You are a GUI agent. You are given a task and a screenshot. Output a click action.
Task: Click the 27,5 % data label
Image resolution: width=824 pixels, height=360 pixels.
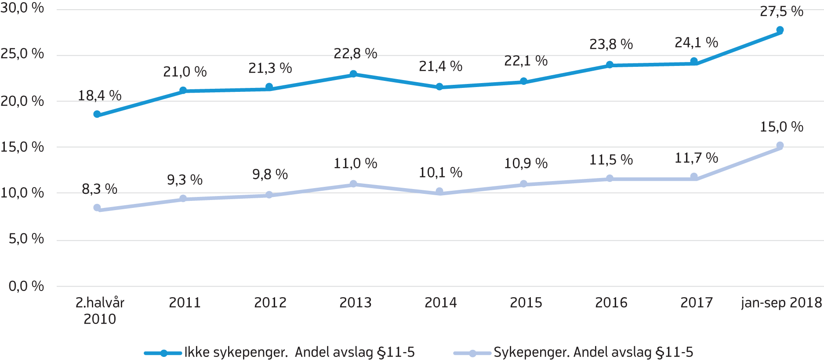click(x=781, y=11)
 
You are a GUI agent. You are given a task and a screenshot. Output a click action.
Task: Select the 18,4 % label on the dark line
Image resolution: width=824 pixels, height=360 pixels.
click(x=100, y=95)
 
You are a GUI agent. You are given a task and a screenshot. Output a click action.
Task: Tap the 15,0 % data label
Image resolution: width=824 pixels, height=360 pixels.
click(x=781, y=127)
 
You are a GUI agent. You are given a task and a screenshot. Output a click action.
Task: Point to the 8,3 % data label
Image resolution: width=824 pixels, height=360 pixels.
click(x=100, y=189)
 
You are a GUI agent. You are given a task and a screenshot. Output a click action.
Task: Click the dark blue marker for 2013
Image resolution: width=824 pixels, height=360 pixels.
click(x=353, y=74)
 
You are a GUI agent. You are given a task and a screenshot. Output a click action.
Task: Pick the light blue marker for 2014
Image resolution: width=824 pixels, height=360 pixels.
click(x=439, y=191)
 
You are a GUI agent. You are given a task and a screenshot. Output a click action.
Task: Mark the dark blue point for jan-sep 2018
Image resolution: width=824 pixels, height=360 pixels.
click(x=780, y=30)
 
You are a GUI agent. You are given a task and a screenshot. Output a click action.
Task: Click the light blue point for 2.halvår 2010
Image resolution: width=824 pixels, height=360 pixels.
click(x=97, y=207)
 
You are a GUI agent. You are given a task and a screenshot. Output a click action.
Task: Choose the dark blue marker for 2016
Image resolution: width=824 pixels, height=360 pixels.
click(x=610, y=65)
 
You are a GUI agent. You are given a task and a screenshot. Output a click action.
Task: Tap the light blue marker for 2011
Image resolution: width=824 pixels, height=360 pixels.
click(x=183, y=199)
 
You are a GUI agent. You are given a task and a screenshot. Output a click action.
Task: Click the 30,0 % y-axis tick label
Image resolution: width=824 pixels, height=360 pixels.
click(x=22, y=8)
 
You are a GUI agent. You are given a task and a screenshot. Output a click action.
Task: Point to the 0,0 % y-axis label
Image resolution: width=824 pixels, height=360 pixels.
click(x=26, y=286)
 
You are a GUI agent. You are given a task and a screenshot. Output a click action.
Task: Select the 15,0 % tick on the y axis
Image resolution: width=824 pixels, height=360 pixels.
click(x=22, y=147)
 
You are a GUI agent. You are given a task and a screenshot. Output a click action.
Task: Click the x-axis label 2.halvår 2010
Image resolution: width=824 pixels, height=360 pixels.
click(x=100, y=310)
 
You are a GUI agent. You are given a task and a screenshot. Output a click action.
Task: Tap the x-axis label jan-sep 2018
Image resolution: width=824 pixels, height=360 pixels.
click(x=781, y=302)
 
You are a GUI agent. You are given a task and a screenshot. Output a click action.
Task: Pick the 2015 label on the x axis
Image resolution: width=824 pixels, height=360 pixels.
click(x=526, y=302)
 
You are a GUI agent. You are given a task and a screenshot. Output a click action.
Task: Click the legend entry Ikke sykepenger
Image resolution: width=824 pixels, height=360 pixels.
click(x=299, y=352)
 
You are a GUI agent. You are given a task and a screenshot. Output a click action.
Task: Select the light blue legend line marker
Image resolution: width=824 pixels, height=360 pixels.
click(x=472, y=353)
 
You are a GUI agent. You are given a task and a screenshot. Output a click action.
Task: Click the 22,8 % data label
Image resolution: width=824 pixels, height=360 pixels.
click(x=356, y=54)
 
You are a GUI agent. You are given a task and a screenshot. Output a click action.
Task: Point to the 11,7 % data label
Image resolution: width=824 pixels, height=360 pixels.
click(x=696, y=158)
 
